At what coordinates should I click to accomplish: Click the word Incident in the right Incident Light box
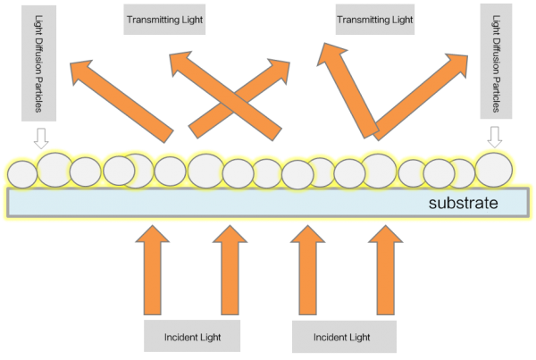(x=329, y=338)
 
